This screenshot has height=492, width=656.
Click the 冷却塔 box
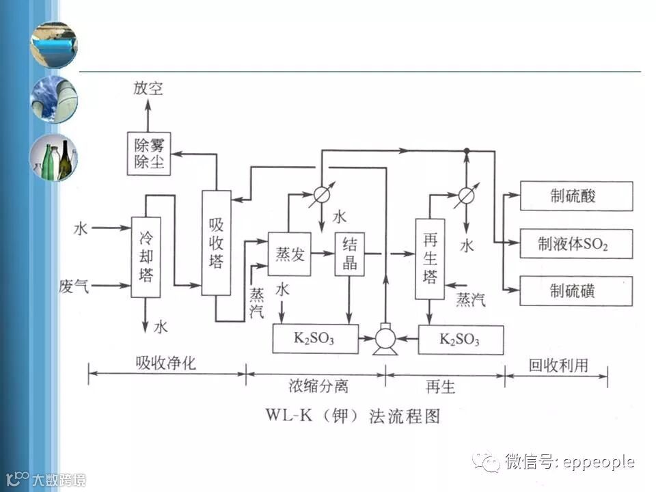(146, 257)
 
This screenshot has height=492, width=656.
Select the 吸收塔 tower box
(216, 243)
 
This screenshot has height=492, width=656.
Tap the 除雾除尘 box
(148, 153)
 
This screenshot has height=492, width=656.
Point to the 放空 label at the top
(148, 90)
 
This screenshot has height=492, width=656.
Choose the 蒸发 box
(289, 254)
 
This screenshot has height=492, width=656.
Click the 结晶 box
(349, 254)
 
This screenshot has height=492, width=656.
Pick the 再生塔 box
(430, 258)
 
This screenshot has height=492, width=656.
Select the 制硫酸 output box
(576, 196)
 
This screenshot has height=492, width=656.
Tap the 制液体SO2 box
(576, 243)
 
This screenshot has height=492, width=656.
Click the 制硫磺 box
(576, 291)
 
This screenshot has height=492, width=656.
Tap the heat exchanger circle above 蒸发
(320, 195)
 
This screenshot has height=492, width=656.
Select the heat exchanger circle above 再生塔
(465, 195)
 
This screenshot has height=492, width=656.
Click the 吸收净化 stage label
(166, 364)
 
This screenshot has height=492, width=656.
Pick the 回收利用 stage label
(558, 365)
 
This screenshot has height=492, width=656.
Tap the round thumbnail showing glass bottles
(53, 158)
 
